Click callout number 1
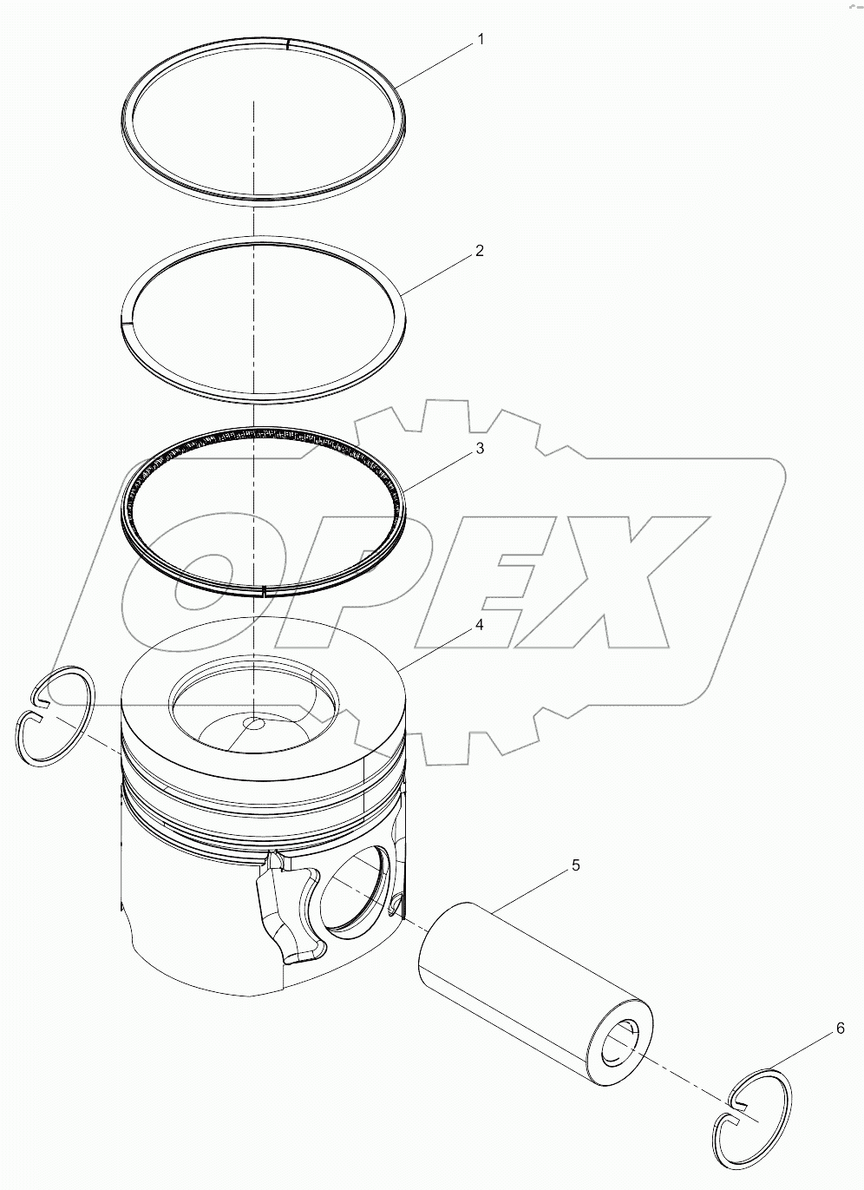[x=480, y=40]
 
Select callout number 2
[x=479, y=252]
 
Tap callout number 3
[x=479, y=449]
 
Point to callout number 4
[x=479, y=626]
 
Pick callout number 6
[x=839, y=1029]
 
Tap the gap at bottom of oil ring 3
[x=263, y=592]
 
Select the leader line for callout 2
[x=438, y=274]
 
